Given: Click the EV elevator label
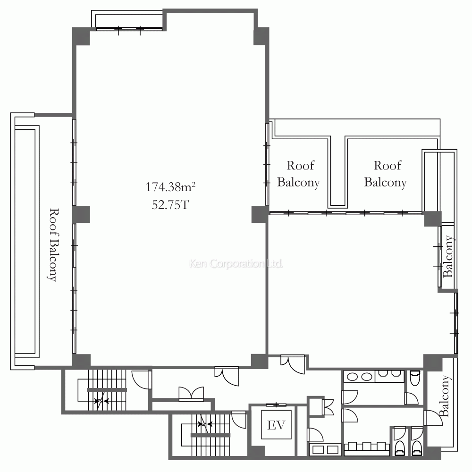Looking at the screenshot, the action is coord(276,425).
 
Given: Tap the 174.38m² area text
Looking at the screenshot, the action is coord(171,187).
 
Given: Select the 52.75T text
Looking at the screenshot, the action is coord(170,205).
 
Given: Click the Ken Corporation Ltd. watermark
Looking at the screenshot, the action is coord(236,264).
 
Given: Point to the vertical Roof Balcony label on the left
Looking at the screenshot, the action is coord(53,244).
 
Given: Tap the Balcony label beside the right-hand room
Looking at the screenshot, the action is coord(448,256).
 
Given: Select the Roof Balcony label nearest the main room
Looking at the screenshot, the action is coord(298,174).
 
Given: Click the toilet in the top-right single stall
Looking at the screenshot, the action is coord(415,378).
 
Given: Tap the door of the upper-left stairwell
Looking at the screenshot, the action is coord(141,379).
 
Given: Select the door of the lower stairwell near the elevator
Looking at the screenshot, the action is coord(239,419).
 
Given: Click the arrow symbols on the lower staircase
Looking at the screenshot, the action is coord(205,424).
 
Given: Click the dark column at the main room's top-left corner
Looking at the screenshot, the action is coord(81,36).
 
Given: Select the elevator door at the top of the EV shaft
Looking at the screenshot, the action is coord(276,405).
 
